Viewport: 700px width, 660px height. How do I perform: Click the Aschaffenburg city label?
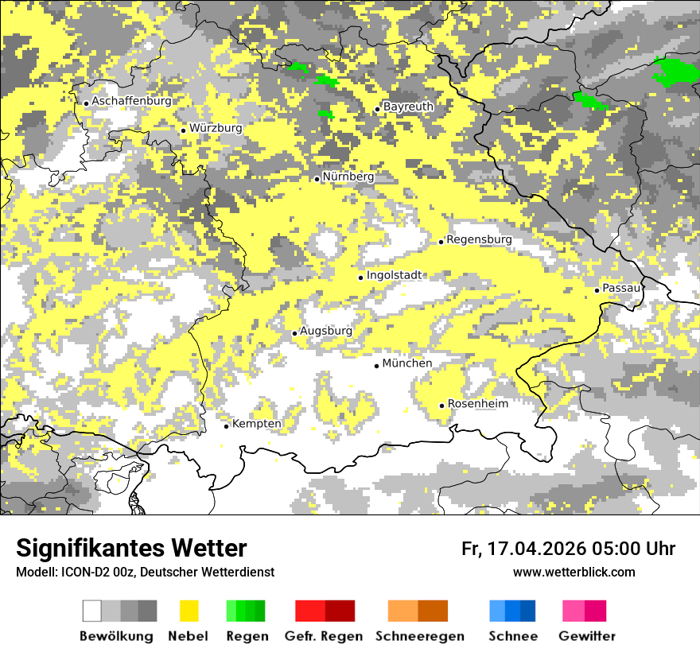[131, 101]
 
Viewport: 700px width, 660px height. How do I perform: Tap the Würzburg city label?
[216, 128]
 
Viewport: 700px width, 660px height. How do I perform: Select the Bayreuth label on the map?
[408, 107]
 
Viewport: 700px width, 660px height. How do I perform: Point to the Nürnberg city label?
[348, 177]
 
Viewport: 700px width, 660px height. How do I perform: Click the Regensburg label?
[479, 239]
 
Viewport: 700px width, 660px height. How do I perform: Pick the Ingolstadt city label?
[395, 275]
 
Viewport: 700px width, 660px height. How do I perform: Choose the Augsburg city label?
[325, 331]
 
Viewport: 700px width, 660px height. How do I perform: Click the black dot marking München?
[377, 366]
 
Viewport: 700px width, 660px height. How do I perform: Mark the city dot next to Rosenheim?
[442, 406]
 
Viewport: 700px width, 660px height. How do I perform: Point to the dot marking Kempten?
[226, 426]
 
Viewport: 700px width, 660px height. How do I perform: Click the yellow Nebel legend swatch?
[189, 611]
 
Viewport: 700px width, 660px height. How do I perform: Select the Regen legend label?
[247, 636]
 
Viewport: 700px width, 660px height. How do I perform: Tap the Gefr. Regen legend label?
[324, 636]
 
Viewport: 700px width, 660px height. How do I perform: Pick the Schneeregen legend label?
[420, 636]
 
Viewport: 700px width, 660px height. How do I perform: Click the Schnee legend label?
[513, 636]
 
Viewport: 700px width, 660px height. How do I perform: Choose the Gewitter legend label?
[586, 636]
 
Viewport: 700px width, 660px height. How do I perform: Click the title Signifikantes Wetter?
[131, 548]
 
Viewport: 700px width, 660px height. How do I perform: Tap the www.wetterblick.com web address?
[574, 572]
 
